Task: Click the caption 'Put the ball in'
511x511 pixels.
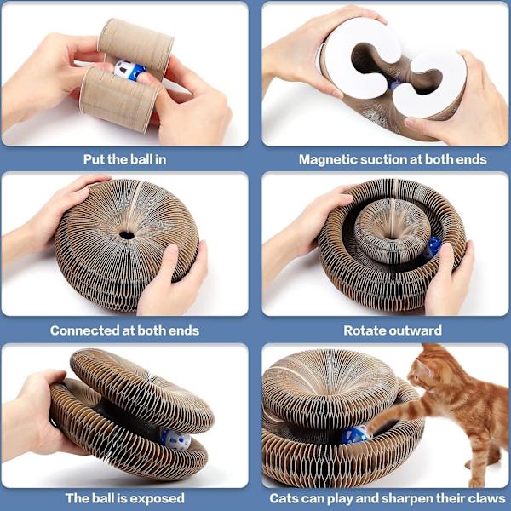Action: (x=125, y=159)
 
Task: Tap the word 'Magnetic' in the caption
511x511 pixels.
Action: (x=327, y=159)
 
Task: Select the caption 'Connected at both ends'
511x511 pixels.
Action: (x=124, y=330)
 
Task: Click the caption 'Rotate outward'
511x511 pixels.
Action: (x=393, y=330)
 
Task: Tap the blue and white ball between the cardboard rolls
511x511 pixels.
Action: (x=129, y=70)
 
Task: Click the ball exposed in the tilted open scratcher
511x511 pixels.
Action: (x=175, y=439)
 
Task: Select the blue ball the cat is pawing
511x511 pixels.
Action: (x=355, y=435)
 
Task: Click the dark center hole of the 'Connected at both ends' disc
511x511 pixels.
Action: (x=127, y=235)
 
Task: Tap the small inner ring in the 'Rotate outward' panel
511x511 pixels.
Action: (x=392, y=231)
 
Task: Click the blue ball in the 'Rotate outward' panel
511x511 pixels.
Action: (x=433, y=247)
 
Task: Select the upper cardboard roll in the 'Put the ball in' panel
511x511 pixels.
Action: (x=136, y=46)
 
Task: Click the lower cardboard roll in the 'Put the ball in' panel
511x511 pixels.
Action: (x=119, y=100)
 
